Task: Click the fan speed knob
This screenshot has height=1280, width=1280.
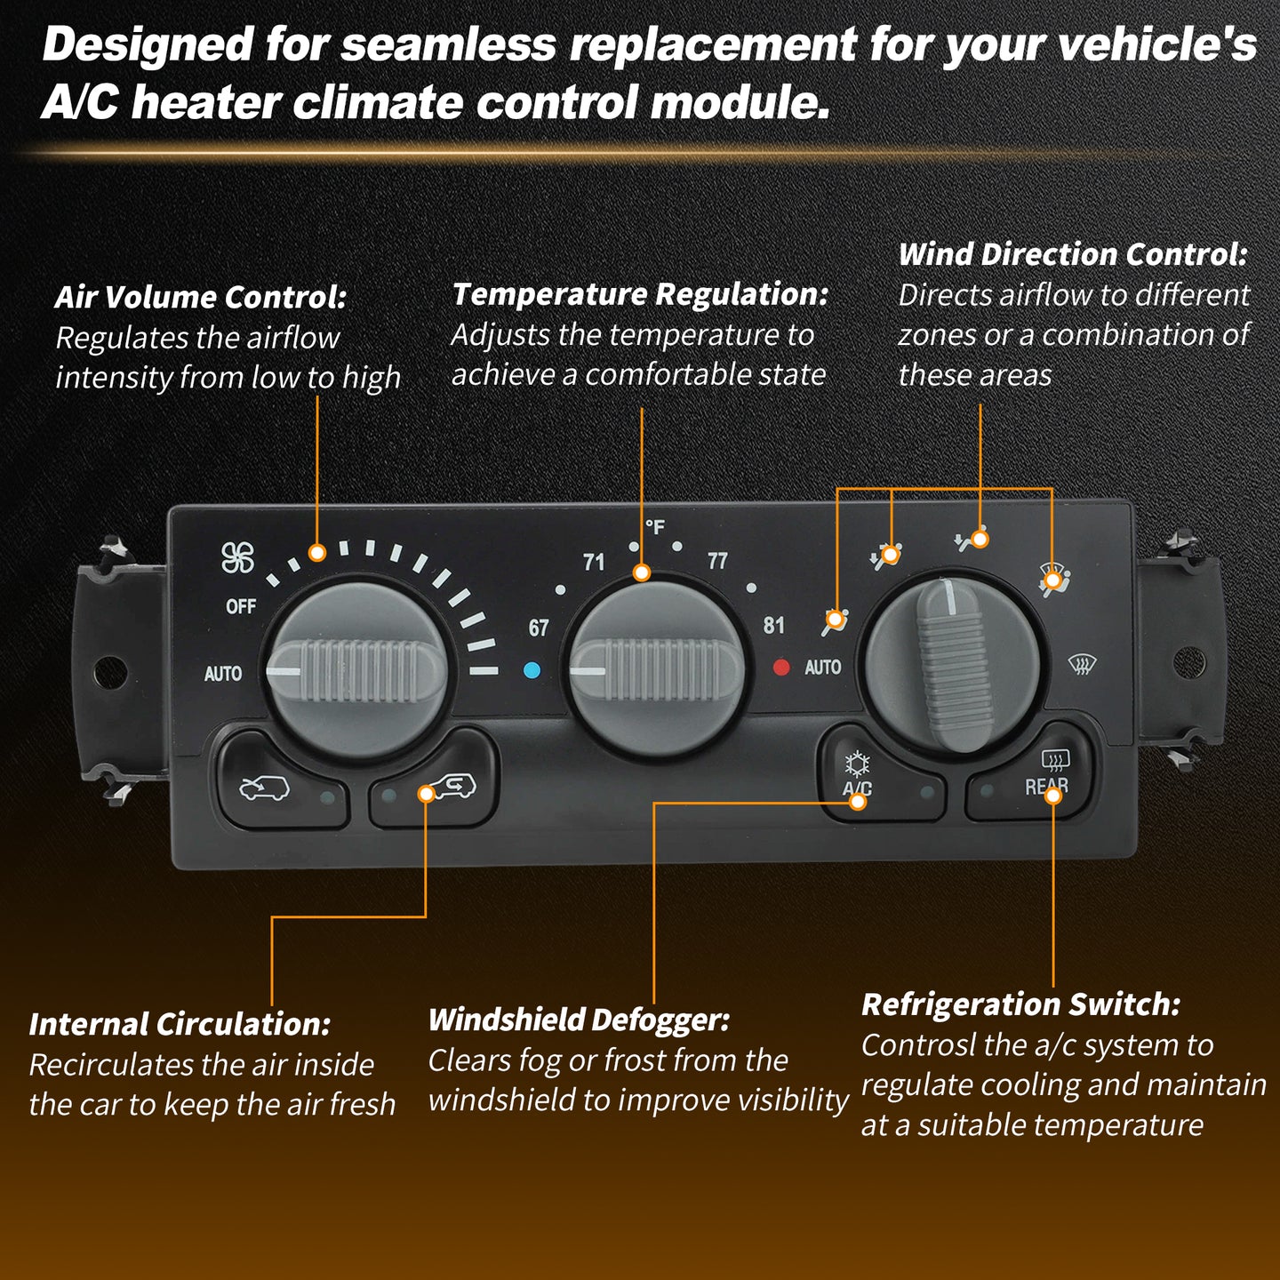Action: [358, 671]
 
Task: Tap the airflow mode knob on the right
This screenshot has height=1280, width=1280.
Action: [953, 661]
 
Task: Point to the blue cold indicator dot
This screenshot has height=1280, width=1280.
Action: [532, 669]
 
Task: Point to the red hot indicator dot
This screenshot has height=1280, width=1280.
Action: [781, 667]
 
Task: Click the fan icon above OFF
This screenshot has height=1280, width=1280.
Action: [237, 556]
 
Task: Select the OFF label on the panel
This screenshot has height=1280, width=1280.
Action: [241, 606]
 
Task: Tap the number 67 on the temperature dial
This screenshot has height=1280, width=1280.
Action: [539, 628]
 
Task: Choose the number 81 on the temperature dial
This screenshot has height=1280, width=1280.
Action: [774, 625]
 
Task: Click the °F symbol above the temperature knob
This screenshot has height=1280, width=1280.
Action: [655, 527]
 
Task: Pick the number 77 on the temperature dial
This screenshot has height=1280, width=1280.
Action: [717, 561]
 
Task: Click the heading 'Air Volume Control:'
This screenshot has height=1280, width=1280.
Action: [201, 297]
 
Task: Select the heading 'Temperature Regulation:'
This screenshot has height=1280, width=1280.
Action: [640, 294]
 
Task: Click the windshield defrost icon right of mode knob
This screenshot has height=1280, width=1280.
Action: [1082, 663]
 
